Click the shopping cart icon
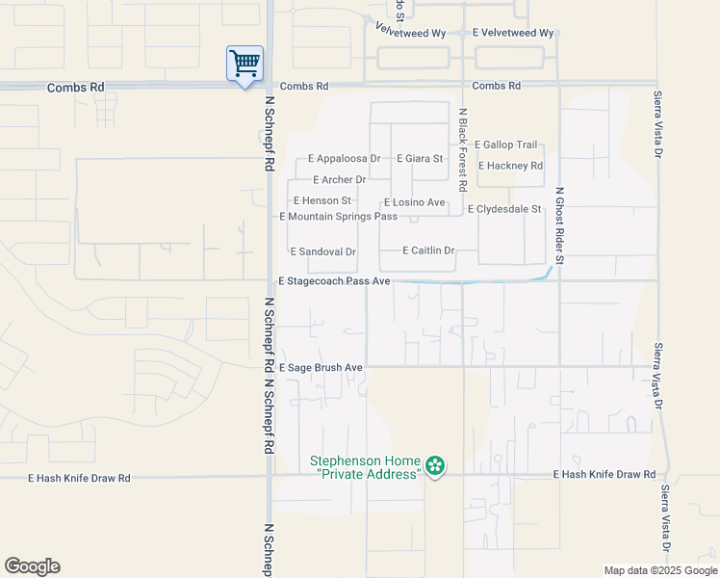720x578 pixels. tap(244, 64)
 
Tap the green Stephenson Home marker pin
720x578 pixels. tap(436, 467)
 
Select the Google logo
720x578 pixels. tap(32, 566)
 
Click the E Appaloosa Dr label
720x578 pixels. tap(344, 159)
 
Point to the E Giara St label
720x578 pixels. tap(419, 159)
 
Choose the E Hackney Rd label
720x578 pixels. tap(510, 166)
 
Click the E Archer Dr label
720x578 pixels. tap(340, 180)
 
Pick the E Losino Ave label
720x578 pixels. tap(414, 202)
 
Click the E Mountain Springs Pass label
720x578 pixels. tap(338, 217)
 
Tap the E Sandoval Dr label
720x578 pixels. tap(323, 251)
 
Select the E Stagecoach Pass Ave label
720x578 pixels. tap(333, 281)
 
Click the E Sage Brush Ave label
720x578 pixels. tap(321, 368)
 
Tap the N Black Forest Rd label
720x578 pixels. tap(463, 148)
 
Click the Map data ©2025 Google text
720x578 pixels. tap(658, 570)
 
